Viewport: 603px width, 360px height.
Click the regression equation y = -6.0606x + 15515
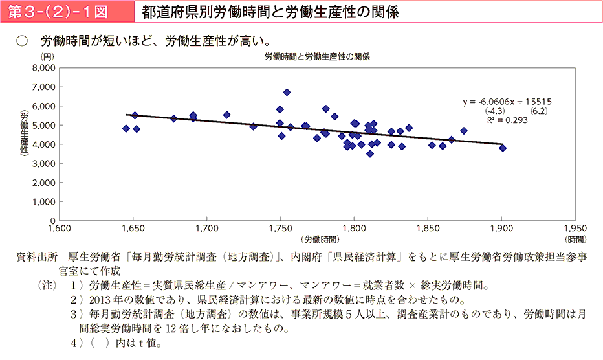pyautogui.click(x=507, y=102)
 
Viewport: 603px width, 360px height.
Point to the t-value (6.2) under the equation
pyautogui.click(x=539, y=111)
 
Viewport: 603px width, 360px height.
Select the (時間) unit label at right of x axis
pyautogui.click(x=575, y=238)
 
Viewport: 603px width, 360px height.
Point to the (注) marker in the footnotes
pyautogui.click(x=48, y=285)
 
